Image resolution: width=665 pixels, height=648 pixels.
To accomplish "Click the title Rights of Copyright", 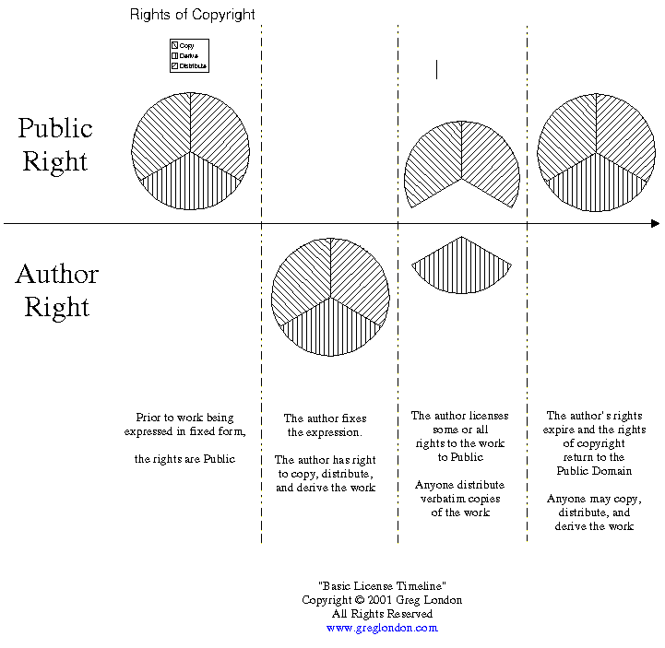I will click(x=193, y=14).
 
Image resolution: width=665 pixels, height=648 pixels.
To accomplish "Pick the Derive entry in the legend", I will click(x=188, y=55).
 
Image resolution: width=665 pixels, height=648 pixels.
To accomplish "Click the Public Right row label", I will click(x=55, y=145).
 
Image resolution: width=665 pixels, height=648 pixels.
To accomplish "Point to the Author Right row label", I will click(x=56, y=290).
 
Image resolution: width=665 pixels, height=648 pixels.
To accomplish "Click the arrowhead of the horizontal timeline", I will click(x=655, y=223).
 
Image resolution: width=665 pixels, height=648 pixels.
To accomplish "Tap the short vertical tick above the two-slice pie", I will click(x=436, y=69).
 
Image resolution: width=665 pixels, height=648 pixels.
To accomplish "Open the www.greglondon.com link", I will click(x=382, y=628).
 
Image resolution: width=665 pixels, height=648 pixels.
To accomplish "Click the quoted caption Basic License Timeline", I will click(x=382, y=586).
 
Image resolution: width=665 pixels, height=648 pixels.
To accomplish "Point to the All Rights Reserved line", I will click(x=382, y=614).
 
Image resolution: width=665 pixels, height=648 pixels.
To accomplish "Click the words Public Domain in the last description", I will click(x=594, y=471).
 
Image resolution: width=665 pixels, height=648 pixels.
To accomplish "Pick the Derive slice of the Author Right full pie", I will click(x=330, y=327).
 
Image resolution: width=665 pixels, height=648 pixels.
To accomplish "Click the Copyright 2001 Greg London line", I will click(x=382, y=600).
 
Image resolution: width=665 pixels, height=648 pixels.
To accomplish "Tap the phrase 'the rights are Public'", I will click(x=184, y=459).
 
